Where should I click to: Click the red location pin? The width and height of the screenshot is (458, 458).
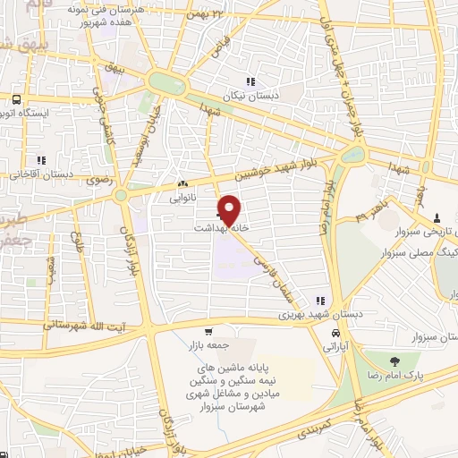point(230,210)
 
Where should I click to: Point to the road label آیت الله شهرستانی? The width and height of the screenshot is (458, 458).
point(89,328)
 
